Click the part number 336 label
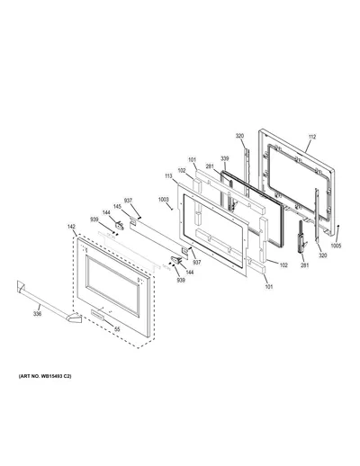(37, 314)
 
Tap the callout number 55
(117, 329)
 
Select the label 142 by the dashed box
(71, 227)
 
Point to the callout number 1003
(164, 200)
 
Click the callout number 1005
(336, 246)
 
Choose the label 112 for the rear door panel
(312, 137)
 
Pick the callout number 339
(225, 158)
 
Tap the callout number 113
(168, 176)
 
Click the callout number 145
(117, 207)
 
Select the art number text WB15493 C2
(45, 376)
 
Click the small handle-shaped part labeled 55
(97, 313)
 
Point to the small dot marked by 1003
(172, 210)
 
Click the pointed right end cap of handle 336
(75, 318)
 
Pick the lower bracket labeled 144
(176, 260)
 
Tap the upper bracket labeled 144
(119, 225)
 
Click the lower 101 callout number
(269, 287)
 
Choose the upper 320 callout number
(239, 136)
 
